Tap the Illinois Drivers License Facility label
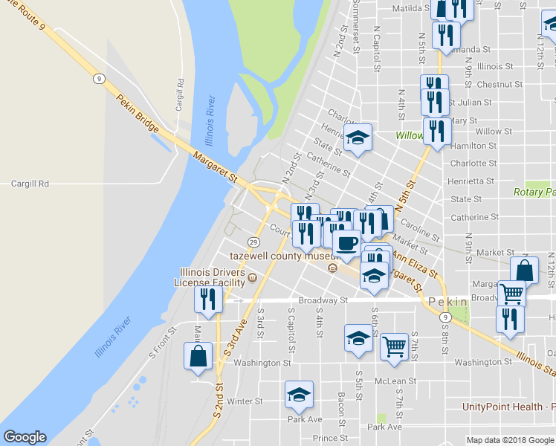pos(210,277)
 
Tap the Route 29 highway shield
pos(253,242)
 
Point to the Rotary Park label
pos(534,192)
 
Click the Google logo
pos(25,437)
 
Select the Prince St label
pos(325,439)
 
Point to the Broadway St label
pos(323,300)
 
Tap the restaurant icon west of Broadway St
pos(207,299)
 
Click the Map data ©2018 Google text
pos(509,439)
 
